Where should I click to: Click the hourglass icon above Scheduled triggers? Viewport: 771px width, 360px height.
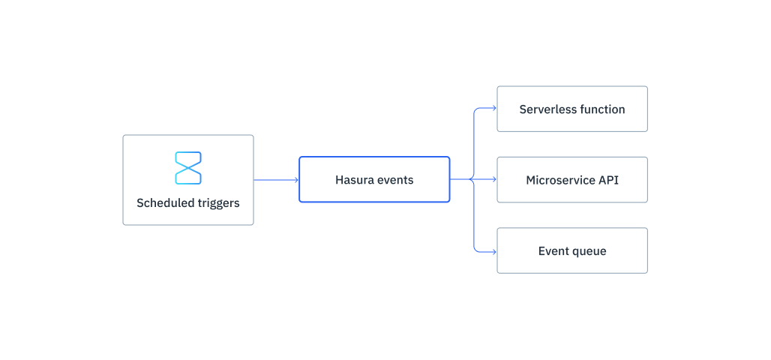[188, 167]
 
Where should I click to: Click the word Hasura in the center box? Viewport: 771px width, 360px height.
[354, 180]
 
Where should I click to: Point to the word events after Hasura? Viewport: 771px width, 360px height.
[395, 180]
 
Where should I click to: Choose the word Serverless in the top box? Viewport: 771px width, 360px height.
[547, 109]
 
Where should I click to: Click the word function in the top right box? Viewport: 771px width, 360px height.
[601, 109]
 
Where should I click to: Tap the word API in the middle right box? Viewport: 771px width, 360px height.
[608, 180]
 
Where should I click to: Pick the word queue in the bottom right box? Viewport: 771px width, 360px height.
[589, 251]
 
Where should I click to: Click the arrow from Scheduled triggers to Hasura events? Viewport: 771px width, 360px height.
[275, 180]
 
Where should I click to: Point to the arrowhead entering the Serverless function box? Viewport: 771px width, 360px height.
[493, 109]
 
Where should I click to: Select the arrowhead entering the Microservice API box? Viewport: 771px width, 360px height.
[493, 180]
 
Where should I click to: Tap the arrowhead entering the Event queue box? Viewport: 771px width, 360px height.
[493, 251]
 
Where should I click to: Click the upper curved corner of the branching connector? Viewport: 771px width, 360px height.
[475, 111]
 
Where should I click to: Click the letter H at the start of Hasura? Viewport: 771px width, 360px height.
[339, 180]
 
